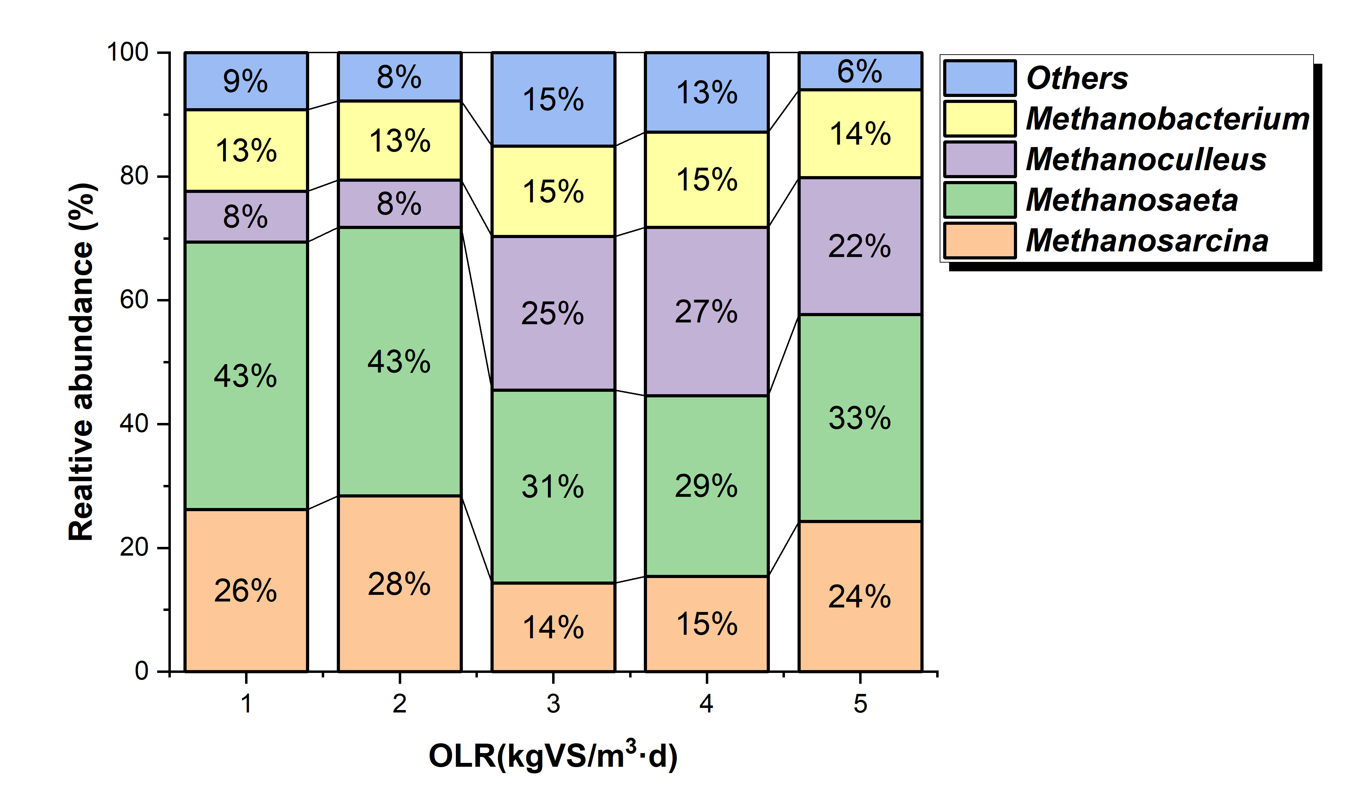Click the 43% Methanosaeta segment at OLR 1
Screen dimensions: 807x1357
(x=246, y=376)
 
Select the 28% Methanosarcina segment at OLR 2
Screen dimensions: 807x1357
(x=399, y=584)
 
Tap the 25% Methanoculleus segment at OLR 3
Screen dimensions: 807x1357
(x=553, y=313)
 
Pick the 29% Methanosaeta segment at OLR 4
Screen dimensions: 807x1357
(x=706, y=486)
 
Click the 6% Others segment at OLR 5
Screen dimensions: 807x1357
(x=860, y=71)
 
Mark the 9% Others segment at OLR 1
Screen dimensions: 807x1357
(x=246, y=81)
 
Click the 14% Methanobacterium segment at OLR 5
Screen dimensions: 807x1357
(x=860, y=134)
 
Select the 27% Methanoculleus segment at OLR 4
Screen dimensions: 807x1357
(x=706, y=312)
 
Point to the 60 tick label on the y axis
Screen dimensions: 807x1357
(x=134, y=300)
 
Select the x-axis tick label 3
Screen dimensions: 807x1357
(x=553, y=704)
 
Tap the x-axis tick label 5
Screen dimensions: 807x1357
(x=860, y=704)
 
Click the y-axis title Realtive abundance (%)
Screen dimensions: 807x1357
(x=82, y=362)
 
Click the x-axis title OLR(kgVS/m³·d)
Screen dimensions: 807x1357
(x=553, y=756)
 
